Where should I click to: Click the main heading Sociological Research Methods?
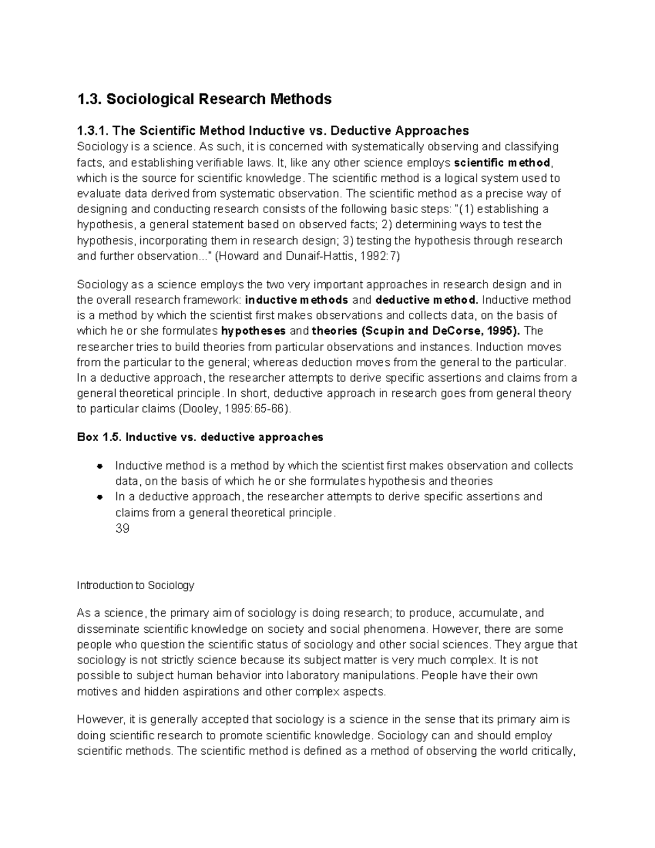218,99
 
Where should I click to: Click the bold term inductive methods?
297,300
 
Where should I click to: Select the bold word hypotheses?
253,331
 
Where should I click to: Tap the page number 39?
122,529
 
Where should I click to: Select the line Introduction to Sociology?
135,585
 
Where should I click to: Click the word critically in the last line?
549,751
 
